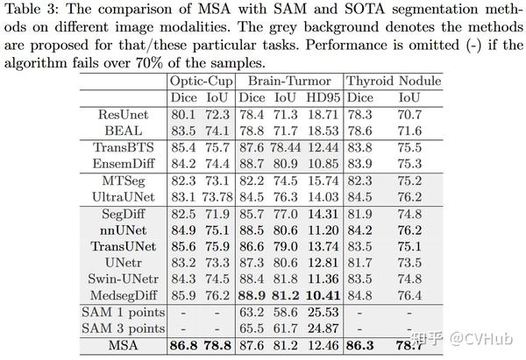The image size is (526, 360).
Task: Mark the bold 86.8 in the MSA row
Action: point(182,346)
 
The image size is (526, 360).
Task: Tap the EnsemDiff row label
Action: point(130,162)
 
